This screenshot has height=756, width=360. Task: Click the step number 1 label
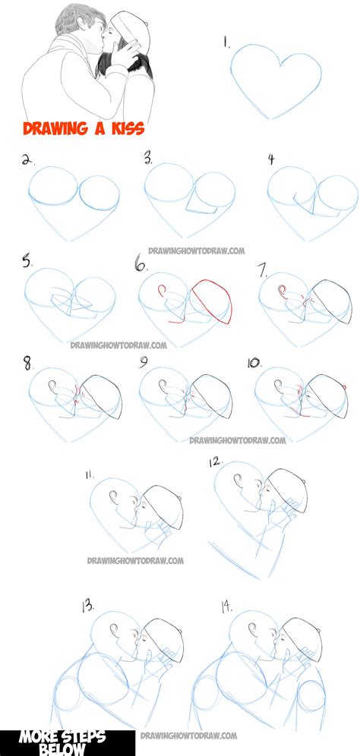226,43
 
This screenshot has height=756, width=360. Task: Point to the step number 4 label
270,159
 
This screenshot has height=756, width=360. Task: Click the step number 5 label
28,263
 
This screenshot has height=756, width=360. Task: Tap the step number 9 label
144,363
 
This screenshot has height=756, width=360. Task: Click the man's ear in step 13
113,632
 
